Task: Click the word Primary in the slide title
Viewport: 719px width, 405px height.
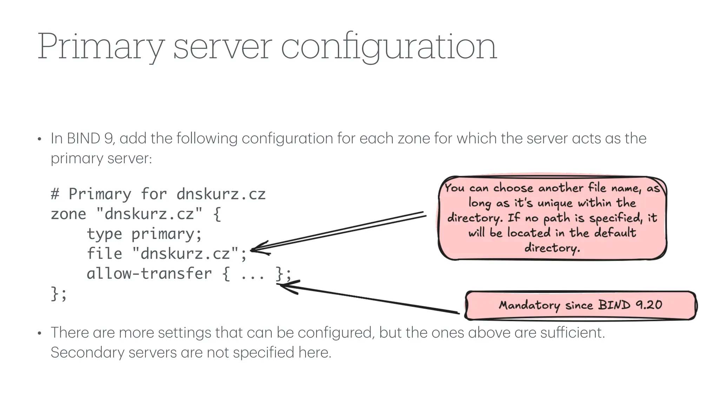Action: click(100, 47)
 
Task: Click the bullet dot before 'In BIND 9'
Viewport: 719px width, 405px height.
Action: click(40, 139)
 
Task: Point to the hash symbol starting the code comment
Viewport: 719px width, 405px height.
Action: click(55, 194)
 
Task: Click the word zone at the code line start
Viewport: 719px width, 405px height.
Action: click(68, 214)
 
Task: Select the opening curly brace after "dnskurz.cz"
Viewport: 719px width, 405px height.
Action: click(217, 214)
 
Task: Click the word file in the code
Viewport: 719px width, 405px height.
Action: click(104, 253)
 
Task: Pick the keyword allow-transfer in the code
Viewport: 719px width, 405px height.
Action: click(149, 274)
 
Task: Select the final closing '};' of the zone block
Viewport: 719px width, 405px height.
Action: click(59, 294)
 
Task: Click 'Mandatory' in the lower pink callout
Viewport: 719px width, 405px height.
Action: click(529, 305)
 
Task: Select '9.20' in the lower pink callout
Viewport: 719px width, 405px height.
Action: click(649, 304)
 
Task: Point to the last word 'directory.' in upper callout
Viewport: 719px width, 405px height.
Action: click(552, 248)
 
